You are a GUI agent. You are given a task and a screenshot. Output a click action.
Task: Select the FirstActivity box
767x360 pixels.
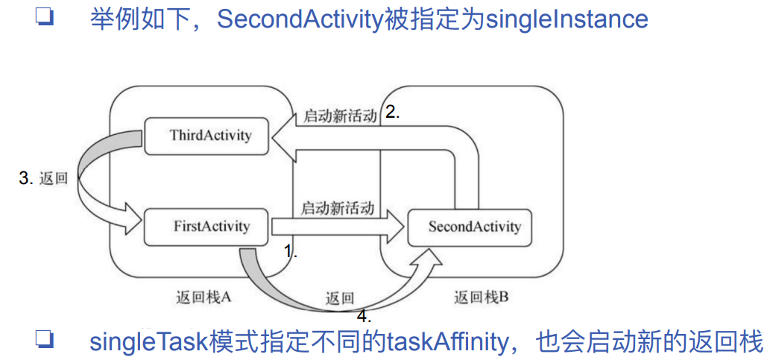click(x=206, y=225)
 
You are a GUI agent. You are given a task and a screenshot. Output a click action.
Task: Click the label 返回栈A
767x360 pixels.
click(x=201, y=297)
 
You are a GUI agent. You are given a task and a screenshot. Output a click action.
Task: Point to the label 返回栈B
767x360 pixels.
click(x=481, y=297)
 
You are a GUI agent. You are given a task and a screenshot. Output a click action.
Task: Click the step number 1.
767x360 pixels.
click(x=291, y=251)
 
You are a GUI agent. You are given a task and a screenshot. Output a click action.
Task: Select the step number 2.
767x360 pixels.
click(x=393, y=113)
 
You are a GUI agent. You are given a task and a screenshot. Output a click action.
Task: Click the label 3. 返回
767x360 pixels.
click(x=43, y=179)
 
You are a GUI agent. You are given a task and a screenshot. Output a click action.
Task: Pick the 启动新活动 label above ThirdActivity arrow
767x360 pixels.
click(x=339, y=117)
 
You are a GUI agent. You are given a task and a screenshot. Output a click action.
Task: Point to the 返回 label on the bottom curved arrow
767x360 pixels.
click(x=339, y=297)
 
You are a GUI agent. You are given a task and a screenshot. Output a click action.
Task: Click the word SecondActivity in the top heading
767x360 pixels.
click(x=300, y=19)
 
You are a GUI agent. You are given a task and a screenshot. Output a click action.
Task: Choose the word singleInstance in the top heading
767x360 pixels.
click(x=566, y=19)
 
